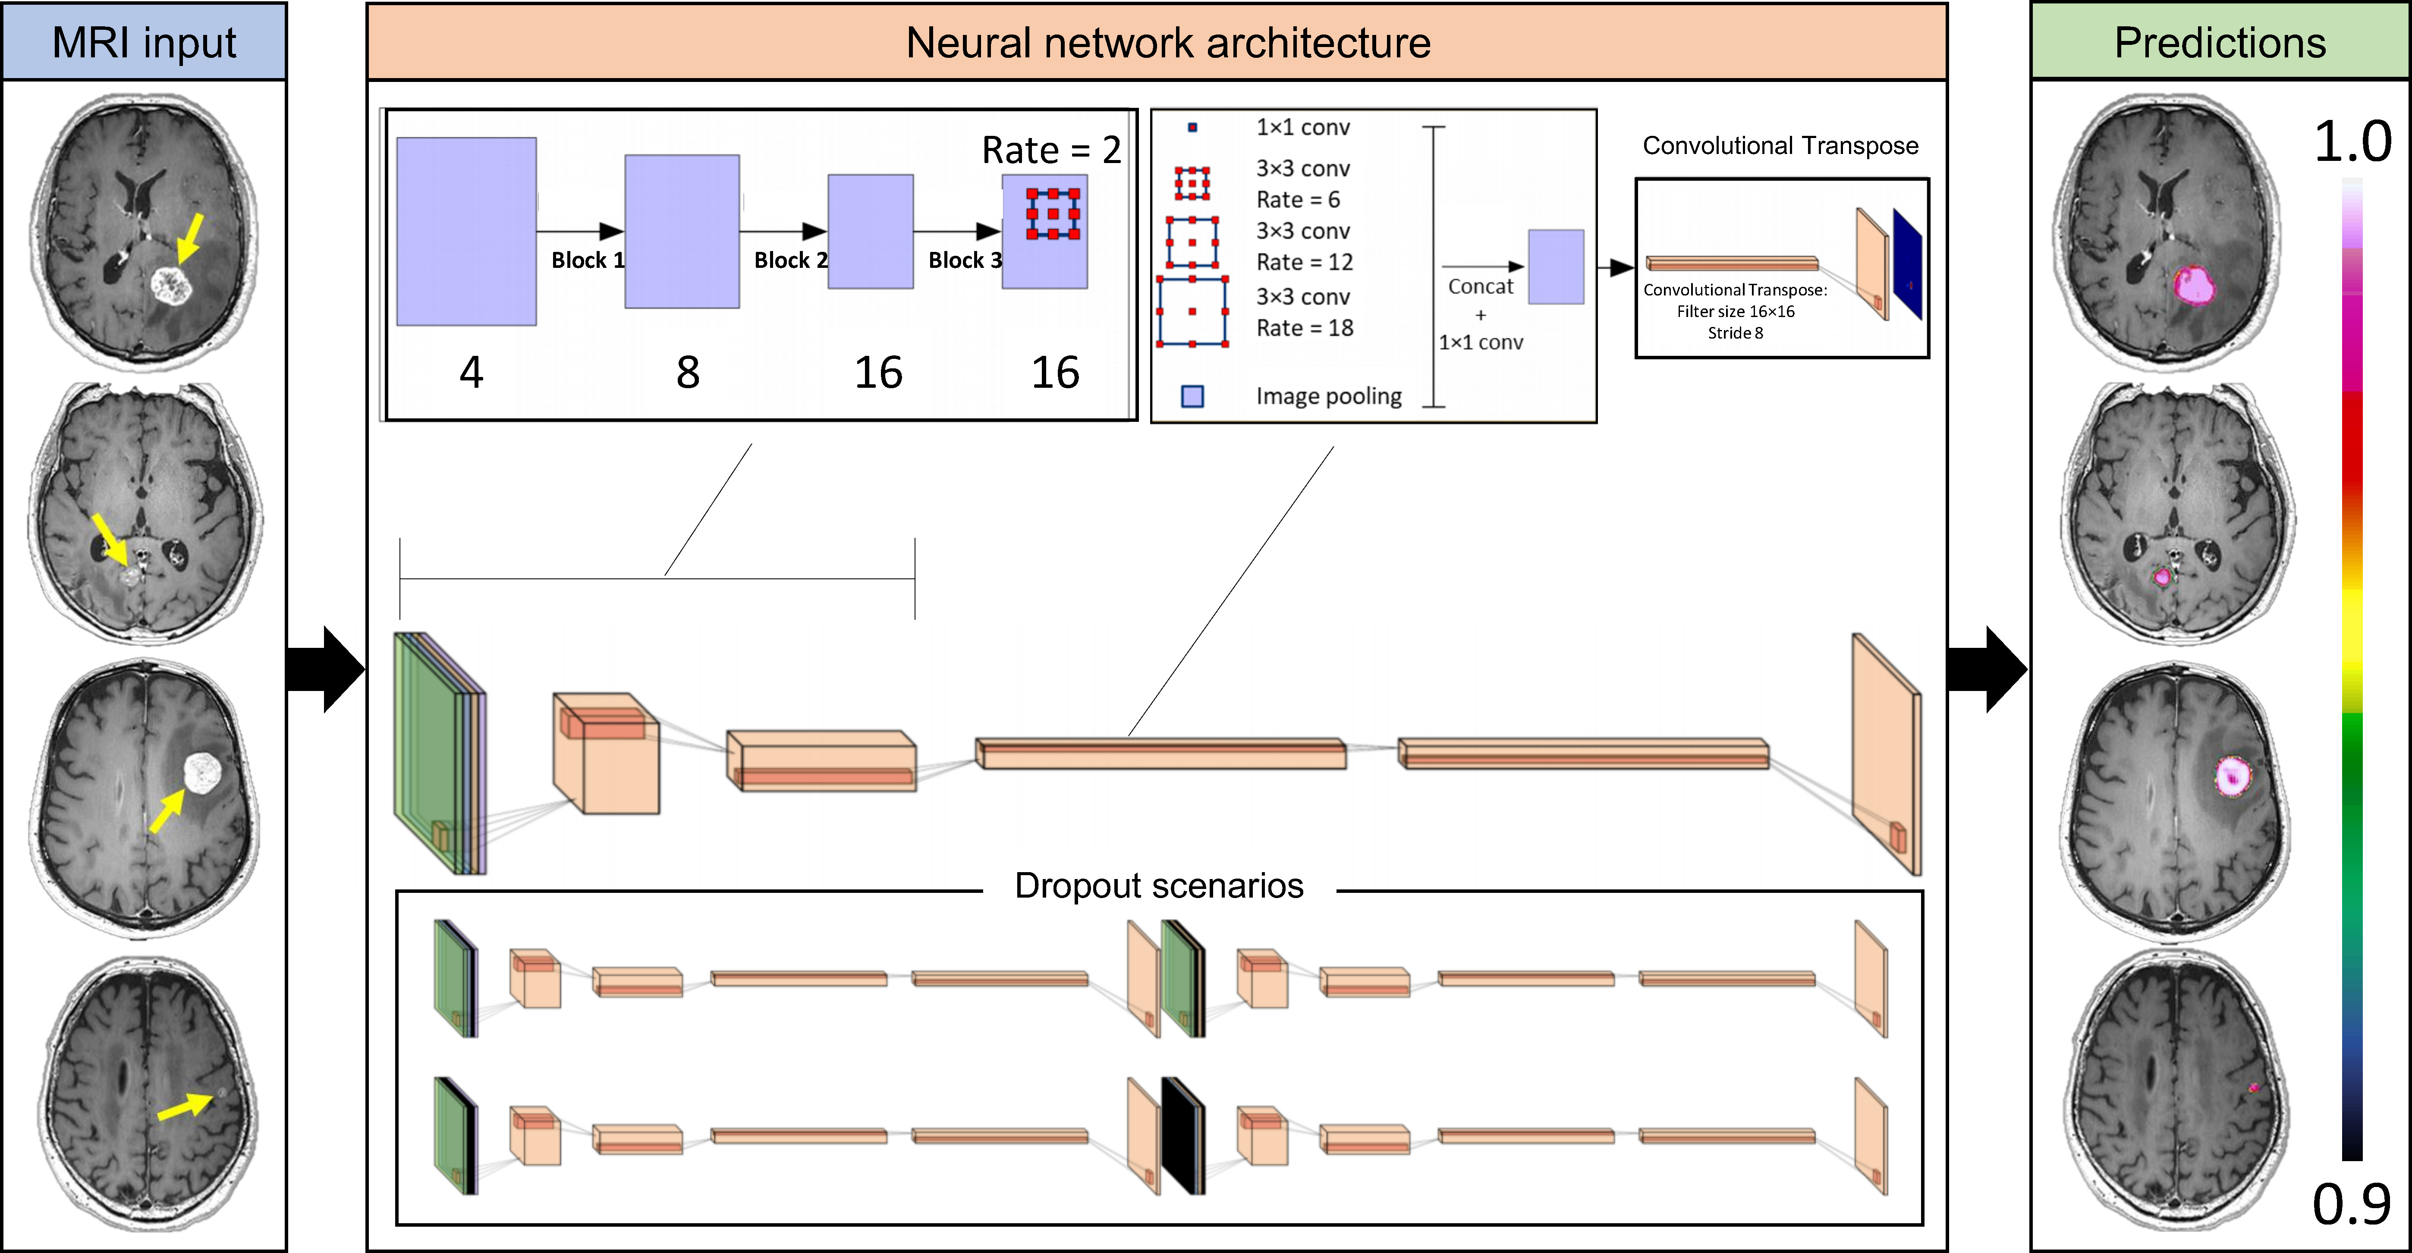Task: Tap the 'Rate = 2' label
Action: tap(1050, 150)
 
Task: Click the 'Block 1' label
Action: tap(587, 261)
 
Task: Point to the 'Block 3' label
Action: tap(965, 261)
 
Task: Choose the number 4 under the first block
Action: tap(471, 373)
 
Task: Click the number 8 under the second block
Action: tap(688, 373)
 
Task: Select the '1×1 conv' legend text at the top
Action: tap(1302, 127)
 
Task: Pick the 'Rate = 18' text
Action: tap(1304, 328)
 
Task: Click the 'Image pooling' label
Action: tap(1329, 396)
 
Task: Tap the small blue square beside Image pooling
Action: tap(1192, 396)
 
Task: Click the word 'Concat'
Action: tap(1480, 286)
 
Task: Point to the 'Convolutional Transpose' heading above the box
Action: tap(1780, 146)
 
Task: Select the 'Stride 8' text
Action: tap(1735, 333)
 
